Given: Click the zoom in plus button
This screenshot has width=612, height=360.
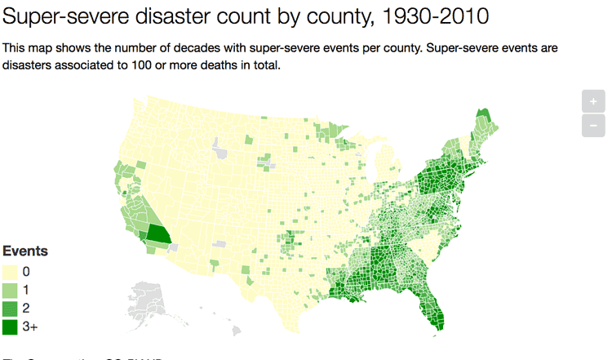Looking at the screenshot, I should point(593,102).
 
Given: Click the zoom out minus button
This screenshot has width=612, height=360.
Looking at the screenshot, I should point(593,126).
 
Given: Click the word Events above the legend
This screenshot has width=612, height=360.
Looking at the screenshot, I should point(25,251).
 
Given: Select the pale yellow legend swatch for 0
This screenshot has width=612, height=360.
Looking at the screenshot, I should point(11,271).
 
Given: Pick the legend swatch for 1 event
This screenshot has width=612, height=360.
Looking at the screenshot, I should point(11,290).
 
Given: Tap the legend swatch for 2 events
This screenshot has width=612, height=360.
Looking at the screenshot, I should point(11,309).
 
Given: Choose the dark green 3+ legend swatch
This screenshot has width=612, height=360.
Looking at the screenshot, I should point(11,327).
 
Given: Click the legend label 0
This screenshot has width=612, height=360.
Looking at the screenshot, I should point(27,271).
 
